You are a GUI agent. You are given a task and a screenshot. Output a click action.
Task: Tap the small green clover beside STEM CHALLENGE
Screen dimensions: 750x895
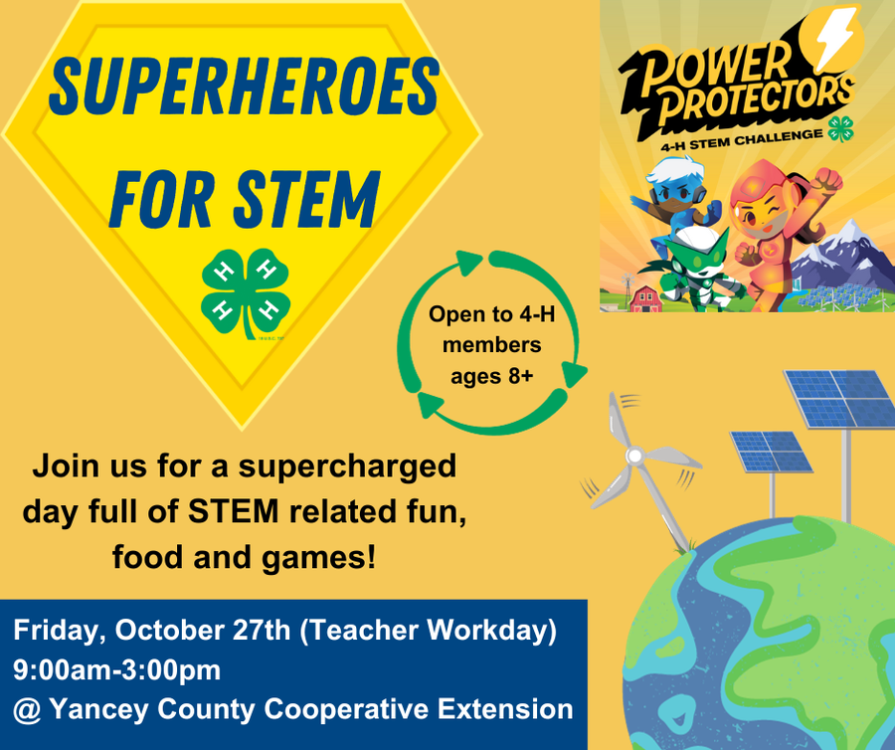839,131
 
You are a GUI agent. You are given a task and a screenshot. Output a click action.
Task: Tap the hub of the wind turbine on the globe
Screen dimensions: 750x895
633,455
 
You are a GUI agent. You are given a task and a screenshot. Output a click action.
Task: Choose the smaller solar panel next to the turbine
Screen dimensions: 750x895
771,452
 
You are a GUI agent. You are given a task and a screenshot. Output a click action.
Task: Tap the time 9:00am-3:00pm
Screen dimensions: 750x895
116,670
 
